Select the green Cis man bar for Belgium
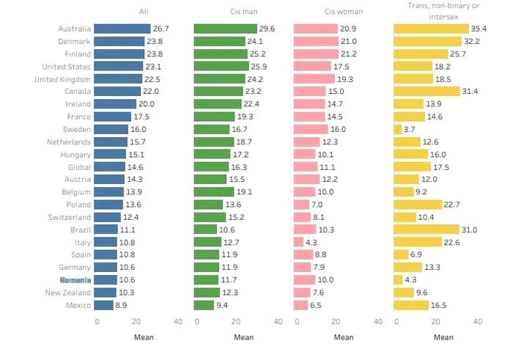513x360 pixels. click(214, 192)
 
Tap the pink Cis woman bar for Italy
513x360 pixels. click(298, 242)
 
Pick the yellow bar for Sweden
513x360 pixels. click(397, 129)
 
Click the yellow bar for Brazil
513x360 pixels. click(426, 229)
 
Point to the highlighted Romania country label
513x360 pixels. click(75, 280)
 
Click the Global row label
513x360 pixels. click(78, 167)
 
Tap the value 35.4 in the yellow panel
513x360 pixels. click(480, 29)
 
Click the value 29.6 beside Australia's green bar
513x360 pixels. click(267, 29)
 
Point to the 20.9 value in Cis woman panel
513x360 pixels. click(349, 29)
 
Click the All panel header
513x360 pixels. click(144, 12)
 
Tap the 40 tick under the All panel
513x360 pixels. click(178, 321)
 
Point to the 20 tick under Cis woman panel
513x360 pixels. click(336, 321)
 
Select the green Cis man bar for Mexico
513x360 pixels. click(204, 305)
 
